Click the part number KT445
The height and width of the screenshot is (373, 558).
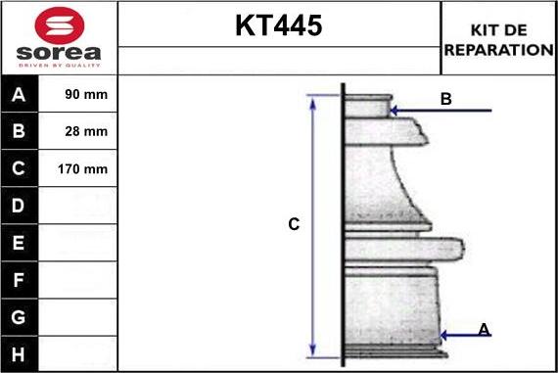278,26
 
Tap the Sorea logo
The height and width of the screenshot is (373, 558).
59,38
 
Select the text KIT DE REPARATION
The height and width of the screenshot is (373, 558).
498,39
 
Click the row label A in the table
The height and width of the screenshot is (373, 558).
19,95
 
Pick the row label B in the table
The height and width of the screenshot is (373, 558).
19,132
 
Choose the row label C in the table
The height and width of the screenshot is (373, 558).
19,169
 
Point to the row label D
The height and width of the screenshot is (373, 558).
19,207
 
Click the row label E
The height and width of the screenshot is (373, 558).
19,243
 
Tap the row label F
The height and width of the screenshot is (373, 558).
19,280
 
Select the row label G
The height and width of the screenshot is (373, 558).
19,317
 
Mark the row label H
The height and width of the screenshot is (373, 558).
19,352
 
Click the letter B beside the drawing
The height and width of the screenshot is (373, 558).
445,99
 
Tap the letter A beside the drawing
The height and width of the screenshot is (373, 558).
484,330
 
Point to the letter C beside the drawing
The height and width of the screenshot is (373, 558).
293,224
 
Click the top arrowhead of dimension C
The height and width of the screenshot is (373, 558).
314,100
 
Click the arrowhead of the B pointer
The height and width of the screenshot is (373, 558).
394,111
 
